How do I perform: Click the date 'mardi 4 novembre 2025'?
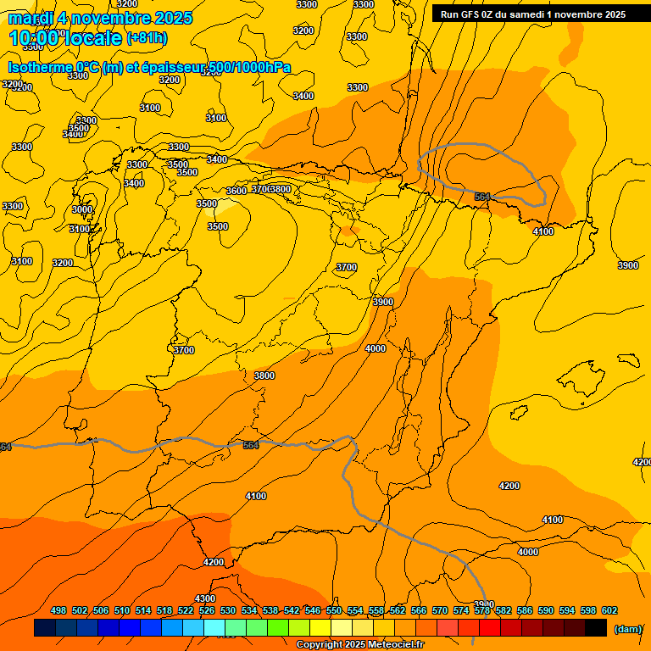click(100, 18)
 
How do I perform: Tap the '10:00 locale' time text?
click(65, 37)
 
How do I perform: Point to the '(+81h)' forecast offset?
click(147, 37)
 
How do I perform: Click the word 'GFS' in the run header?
click(471, 14)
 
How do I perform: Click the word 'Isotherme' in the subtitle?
click(40, 68)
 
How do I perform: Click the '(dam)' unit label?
click(627, 628)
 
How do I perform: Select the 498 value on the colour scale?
click(58, 610)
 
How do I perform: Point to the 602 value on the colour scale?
click(609, 610)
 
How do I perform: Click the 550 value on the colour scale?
click(334, 610)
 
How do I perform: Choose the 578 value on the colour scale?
click(482, 610)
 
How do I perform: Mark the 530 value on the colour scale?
click(228, 610)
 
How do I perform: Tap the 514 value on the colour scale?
click(143, 610)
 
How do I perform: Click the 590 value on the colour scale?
click(546, 610)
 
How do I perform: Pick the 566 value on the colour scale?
click(419, 610)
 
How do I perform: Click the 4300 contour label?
click(205, 598)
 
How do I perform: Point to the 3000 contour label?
click(82, 209)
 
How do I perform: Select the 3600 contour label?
click(236, 191)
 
